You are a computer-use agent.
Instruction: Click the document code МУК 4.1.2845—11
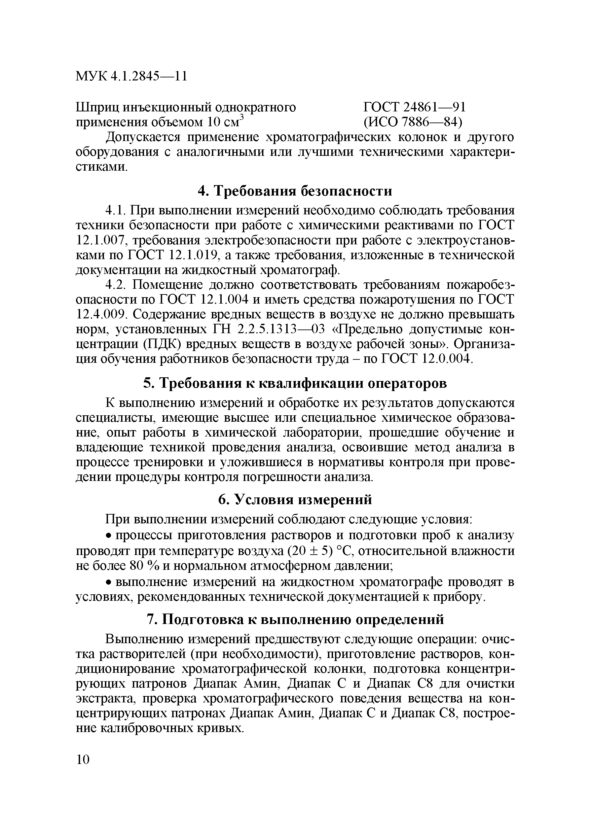click(x=131, y=76)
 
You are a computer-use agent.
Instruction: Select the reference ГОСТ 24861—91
click(x=414, y=108)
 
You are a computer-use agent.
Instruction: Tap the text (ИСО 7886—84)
click(x=413, y=123)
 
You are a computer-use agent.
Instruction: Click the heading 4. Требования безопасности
click(x=295, y=190)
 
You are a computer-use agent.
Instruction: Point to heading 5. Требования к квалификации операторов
click(x=295, y=383)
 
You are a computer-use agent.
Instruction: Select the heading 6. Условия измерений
click(x=295, y=499)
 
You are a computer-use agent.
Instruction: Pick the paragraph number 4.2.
click(x=116, y=284)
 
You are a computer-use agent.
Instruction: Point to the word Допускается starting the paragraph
click(x=143, y=137)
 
